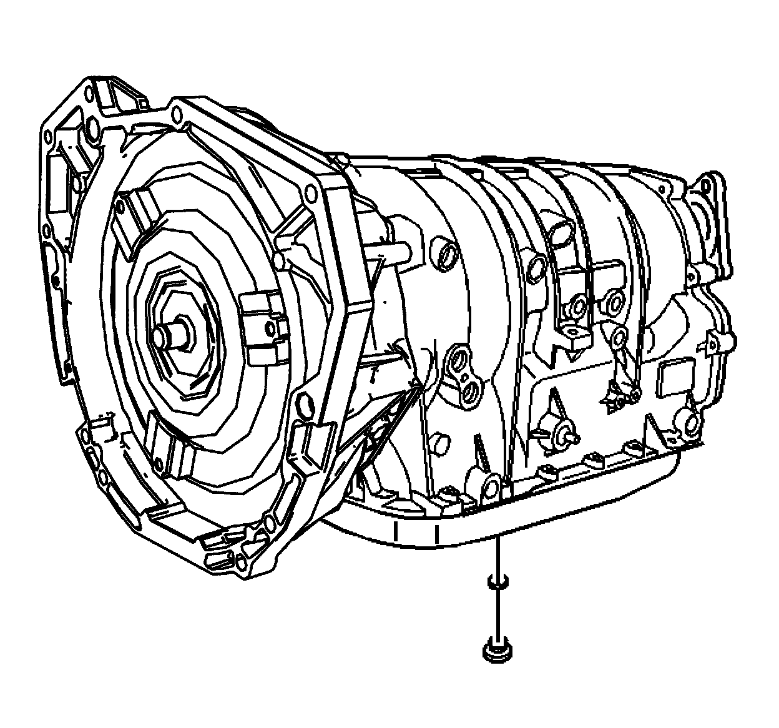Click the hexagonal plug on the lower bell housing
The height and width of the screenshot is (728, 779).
[306, 406]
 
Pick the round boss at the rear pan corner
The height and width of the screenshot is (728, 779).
[692, 423]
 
